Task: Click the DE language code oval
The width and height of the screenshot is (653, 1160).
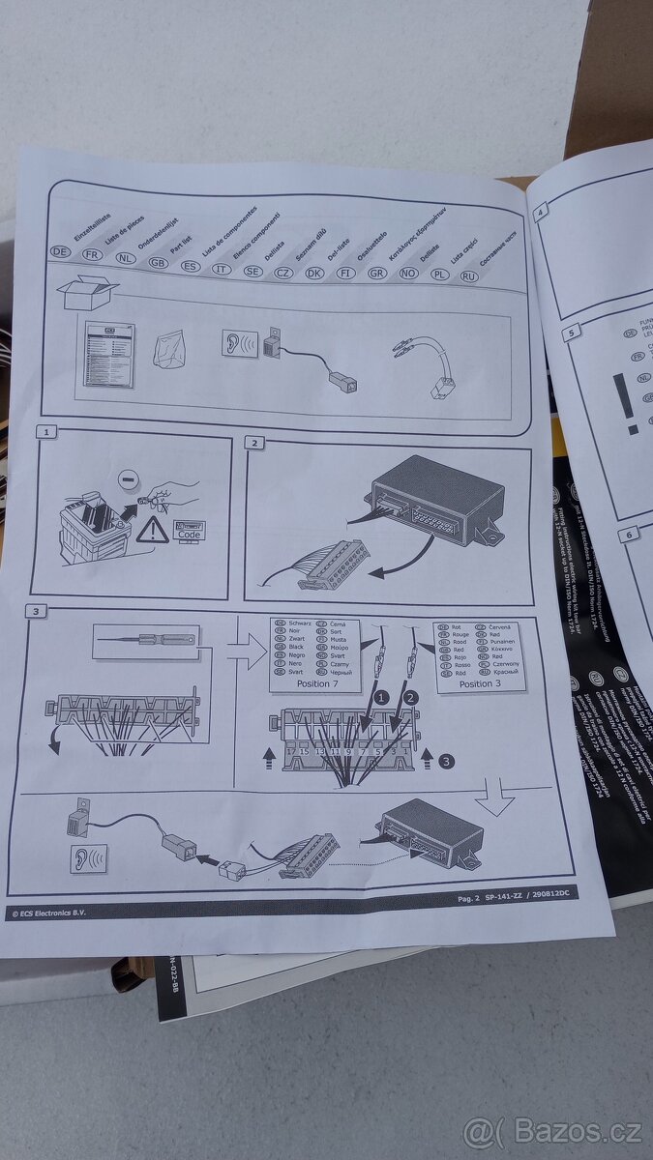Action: (61, 251)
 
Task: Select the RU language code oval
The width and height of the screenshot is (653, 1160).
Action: (469, 275)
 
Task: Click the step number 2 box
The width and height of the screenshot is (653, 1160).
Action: (255, 443)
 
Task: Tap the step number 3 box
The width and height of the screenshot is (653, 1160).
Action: (35, 611)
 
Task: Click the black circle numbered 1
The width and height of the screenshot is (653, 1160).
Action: (382, 696)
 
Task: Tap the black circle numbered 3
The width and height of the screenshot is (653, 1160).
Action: (446, 762)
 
